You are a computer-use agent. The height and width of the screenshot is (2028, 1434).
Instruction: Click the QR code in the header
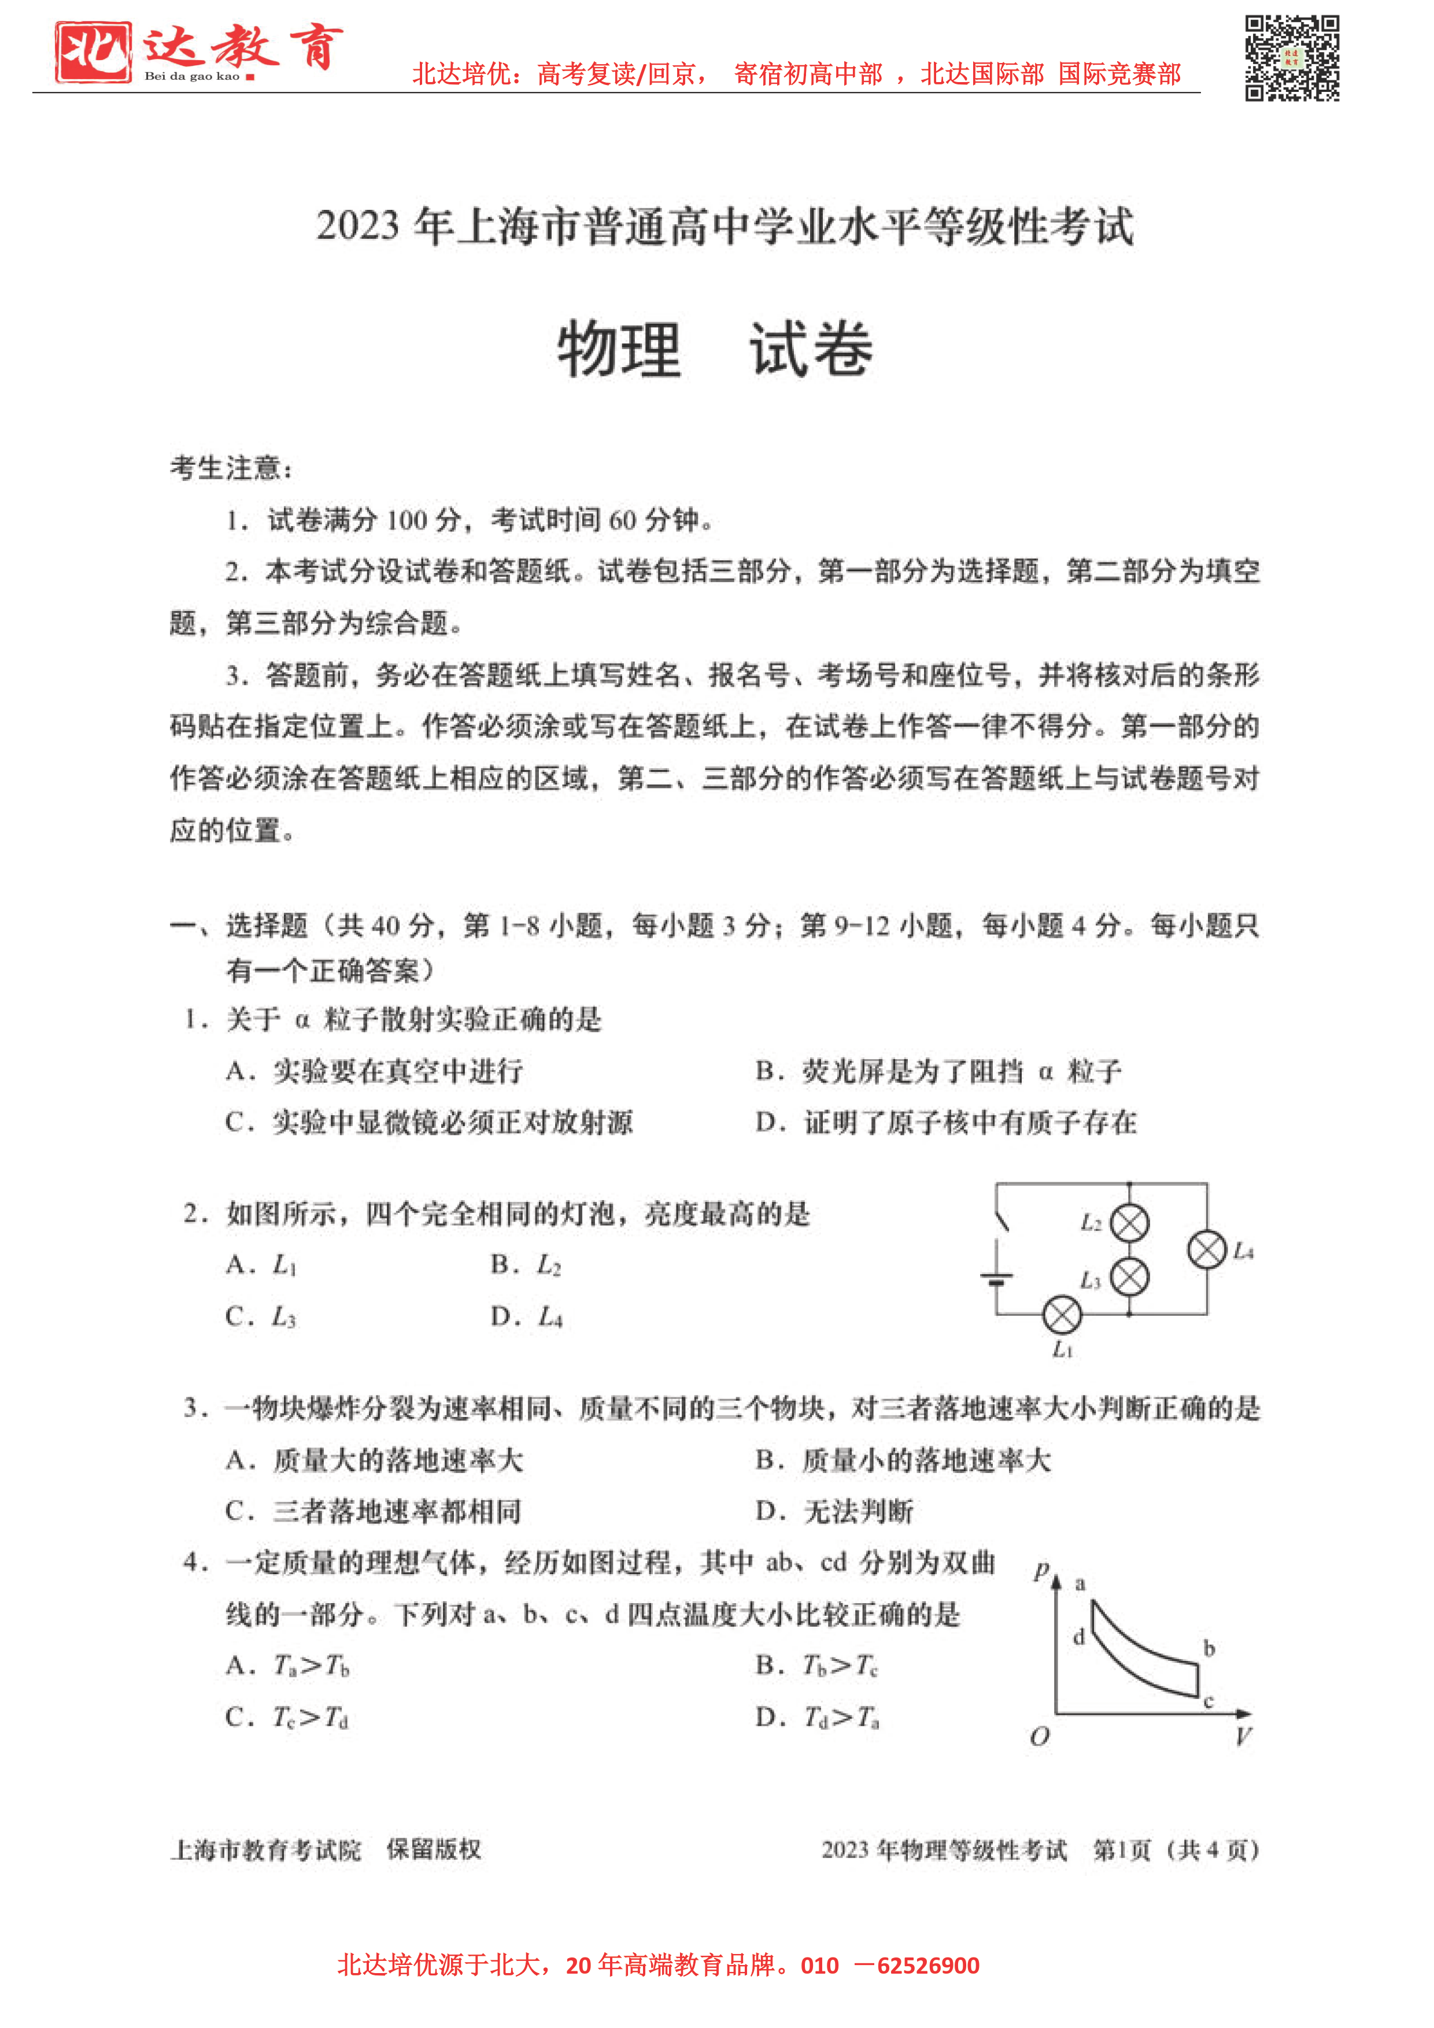click(x=1292, y=58)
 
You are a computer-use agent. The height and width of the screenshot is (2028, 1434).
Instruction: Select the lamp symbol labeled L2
click(x=1129, y=1223)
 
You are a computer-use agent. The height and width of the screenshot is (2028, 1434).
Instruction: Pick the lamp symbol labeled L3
click(x=1129, y=1277)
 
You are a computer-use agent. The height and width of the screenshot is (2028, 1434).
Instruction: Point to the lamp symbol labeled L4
click(x=1207, y=1250)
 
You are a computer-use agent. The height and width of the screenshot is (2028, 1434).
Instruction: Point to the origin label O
click(x=1039, y=1737)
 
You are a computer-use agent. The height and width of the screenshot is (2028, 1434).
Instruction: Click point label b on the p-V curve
click(x=1208, y=1648)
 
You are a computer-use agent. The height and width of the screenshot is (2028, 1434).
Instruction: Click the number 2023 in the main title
click(x=357, y=226)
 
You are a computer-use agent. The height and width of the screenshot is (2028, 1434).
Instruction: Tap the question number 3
click(x=192, y=1408)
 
